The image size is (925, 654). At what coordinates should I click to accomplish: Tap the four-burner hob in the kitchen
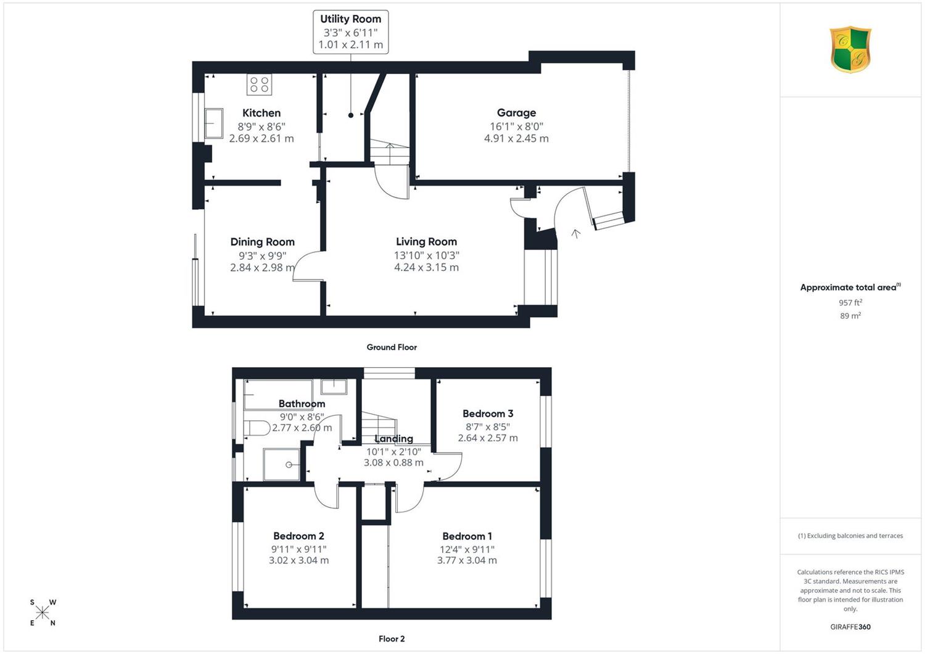pyautogui.click(x=260, y=85)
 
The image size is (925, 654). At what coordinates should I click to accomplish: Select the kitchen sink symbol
pyautogui.click(x=214, y=123)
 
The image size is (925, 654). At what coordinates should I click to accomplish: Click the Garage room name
pyautogui.click(x=516, y=112)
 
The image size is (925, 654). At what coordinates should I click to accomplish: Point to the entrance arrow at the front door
pyautogui.click(x=575, y=234)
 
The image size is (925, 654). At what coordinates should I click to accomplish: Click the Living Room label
pyautogui.click(x=426, y=241)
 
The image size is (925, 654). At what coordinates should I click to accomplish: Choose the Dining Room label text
pyautogui.click(x=262, y=242)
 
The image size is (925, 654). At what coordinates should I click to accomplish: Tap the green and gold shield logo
pyautogui.click(x=850, y=49)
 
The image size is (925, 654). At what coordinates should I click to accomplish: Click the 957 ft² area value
pyautogui.click(x=850, y=302)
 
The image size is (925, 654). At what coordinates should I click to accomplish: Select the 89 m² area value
pyautogui.click(x=850, y=316)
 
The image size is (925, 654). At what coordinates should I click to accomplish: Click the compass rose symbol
pyautogui.click(x=43, y=612)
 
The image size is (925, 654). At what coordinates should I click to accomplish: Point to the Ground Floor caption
pyautogui.click(x=392, y=347)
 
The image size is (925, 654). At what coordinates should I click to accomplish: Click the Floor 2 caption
pyautogui.click(x=392, y=639)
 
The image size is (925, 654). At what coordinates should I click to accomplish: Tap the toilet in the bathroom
pyautogui.click(x=257, y=428)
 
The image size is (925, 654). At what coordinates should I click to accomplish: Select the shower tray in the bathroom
pyautogui.click(x=282, y=465)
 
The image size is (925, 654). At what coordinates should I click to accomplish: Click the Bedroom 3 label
pyautogui.click(x=488, y=413)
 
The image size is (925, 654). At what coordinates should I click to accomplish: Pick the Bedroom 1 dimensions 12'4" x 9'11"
pyautogui.click(x=467, y=549)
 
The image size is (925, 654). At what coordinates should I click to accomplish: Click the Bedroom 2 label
pyautogui.click(x=298, y=536)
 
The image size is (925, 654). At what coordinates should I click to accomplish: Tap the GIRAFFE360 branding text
pyautogui.click(x=850, y=627)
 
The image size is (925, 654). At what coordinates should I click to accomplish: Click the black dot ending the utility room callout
pyautogui.click(x=351, y=115)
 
